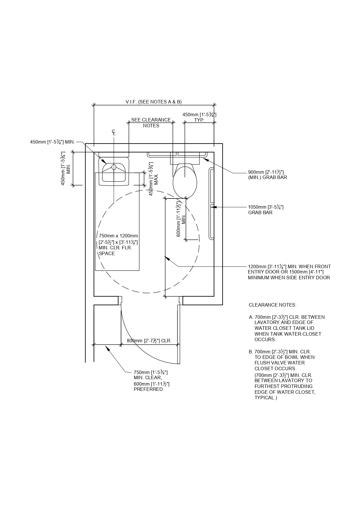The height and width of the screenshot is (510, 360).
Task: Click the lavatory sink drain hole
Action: [x=114, y=167]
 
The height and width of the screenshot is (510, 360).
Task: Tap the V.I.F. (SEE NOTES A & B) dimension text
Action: [x=154, y=102]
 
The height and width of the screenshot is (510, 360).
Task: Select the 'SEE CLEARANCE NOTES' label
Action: [x=151, y=123]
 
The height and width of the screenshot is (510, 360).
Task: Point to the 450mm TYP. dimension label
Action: [x=199, y=117]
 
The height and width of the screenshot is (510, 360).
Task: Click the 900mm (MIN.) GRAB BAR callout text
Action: [x=267, y=175]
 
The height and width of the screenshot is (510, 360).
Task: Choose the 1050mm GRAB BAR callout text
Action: [x=266, y=210]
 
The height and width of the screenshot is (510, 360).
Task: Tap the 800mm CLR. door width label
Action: [x=149, y=341]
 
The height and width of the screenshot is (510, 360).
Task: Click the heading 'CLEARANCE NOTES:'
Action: [x=273, y=305]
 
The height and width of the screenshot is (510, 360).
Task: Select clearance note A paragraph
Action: [x=287, y=328]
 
